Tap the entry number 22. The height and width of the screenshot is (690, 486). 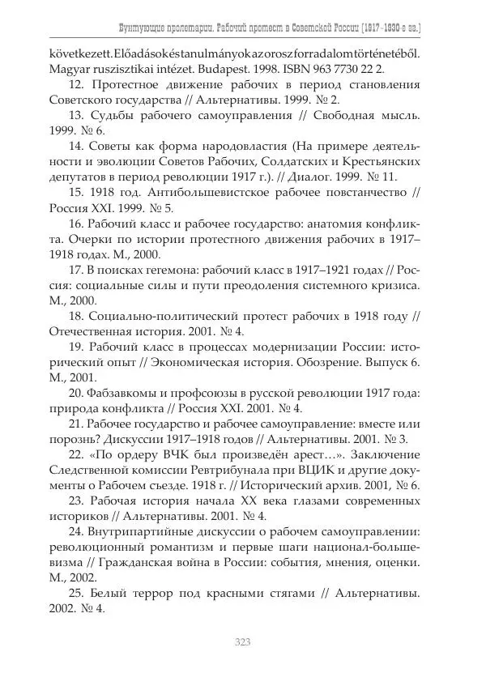coord(77,454)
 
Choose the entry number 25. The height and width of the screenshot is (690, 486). coord(77,592)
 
